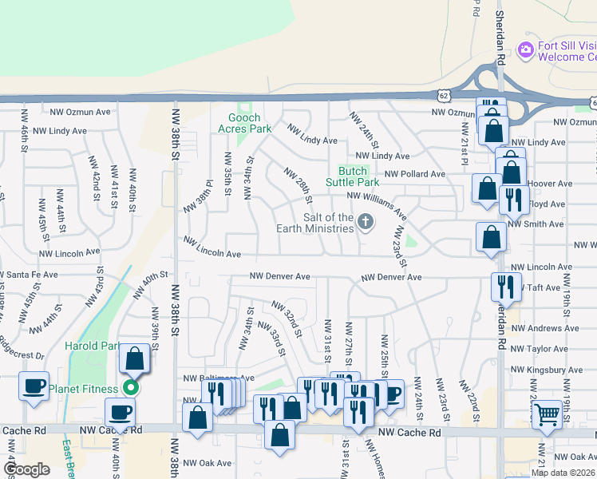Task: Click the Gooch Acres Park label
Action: click(245, 123)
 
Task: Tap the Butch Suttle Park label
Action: click(353, 176)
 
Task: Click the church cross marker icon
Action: click(366, 221)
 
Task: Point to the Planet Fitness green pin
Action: click(131, 389)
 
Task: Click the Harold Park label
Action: click(92, 346)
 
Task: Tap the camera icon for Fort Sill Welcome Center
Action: click(525, 50)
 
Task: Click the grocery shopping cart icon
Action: click(546, 413)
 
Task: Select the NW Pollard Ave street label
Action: click(414, 173)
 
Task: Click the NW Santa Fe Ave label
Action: click(29, 274)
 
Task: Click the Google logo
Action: click(26, 469)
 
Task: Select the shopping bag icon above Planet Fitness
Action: click(135, 358)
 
